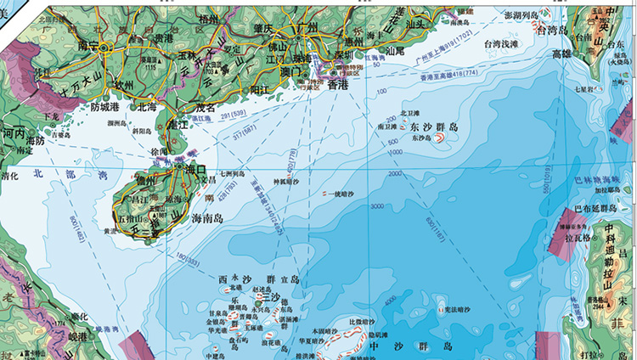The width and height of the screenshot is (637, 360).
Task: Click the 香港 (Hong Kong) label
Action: click(338, 86)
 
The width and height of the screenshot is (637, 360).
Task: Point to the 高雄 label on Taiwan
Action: click(561, 53)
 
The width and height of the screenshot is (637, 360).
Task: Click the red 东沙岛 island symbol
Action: click(443, 144)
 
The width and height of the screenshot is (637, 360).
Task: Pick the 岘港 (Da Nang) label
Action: click(77, 338)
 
